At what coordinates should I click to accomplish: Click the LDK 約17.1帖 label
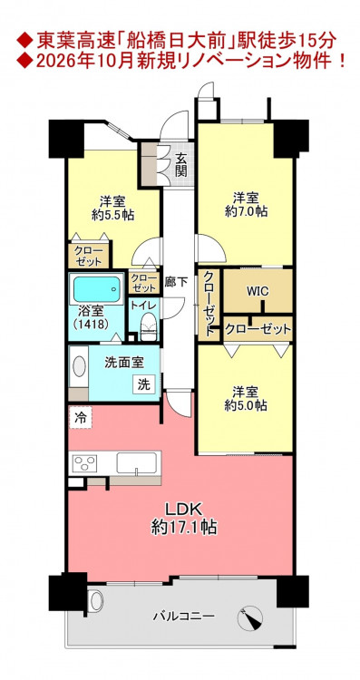click(x=184, y=519)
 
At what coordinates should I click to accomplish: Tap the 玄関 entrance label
click(x=180, y=165)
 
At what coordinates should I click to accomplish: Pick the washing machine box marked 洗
click(x=144, y=384)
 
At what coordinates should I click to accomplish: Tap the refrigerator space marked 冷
click(x=80, y=418)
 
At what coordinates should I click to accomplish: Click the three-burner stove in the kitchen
click(x=85, y=463)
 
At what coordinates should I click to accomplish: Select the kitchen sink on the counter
click(x=136, y=463)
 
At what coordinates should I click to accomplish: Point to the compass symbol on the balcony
click(x=250, y=618)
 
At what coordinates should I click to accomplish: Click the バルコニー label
click(x=183, y=616)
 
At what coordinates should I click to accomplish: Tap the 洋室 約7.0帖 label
click(x=246, y=205)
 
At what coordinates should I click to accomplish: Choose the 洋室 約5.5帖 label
click(x=112, y=209)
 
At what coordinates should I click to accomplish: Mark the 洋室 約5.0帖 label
click(x=246, y=399)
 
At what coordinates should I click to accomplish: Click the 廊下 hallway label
click(x=176, y=282)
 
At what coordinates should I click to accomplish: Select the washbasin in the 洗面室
click(x=79, y=366)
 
